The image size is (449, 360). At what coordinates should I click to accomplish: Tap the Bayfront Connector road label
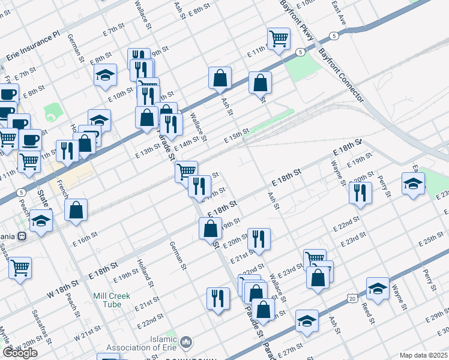coord(342,74)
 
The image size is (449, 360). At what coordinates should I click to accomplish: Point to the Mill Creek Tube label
coord(115,300)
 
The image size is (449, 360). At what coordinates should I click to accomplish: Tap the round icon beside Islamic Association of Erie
coord(186,343)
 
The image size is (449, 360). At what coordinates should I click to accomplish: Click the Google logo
coord(20,353)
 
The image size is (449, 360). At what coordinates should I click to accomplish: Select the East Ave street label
coord(339,11)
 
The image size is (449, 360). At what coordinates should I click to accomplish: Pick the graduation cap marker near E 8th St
coord(105,74)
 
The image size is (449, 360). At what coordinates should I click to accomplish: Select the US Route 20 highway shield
coord(352,298)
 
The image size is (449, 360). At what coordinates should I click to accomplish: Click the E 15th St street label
coord(237,136)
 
